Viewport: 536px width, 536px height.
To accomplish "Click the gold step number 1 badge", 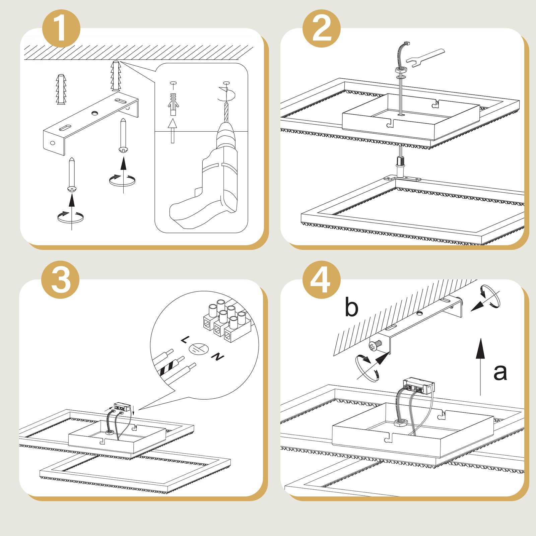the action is coord(61,28).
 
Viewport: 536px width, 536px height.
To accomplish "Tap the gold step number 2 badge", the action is coord(321,28).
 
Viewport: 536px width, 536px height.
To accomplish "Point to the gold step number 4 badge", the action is coord(321,280).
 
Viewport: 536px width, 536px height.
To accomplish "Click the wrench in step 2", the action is coord(425,58).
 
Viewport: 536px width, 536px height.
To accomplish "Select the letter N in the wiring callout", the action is coord(218,357).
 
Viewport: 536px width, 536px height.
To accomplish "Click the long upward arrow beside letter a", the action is coord(480,367).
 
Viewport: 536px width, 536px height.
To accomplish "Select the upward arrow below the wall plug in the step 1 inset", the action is coord(173,131).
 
